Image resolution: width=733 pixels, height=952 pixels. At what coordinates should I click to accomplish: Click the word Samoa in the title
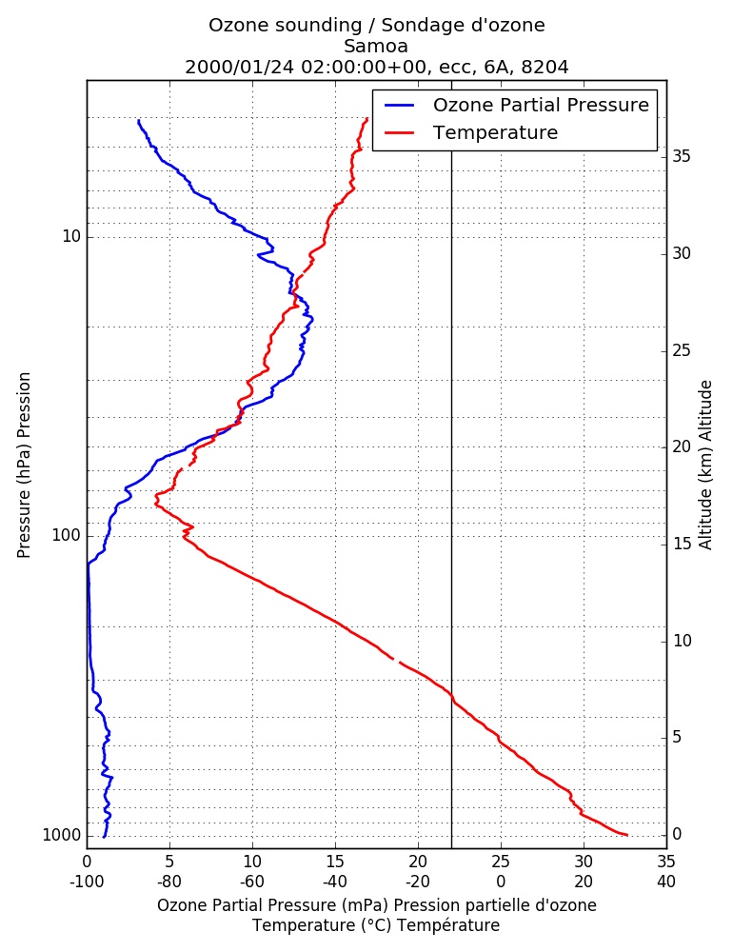pyautogui.click(x=376, y=46)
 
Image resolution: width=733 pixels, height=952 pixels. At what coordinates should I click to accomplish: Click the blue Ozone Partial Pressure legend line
pyautogui.click(x=399, y=105)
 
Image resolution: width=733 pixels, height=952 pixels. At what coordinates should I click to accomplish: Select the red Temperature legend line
pyautogui.click(x=399, y=132)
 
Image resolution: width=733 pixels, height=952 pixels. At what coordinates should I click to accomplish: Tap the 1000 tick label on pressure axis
pyautogui.click(x=62, y=836)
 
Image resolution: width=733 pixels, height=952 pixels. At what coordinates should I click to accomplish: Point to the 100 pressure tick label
pyautogui.click(x=67, y=535)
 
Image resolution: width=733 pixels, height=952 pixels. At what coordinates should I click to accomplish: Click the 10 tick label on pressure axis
pyautogui.click(x=71, y=236)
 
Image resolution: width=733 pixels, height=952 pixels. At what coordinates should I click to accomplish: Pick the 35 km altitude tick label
pyautogui.click(x=682, y=157)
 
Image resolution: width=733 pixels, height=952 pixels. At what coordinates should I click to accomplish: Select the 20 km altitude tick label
pyautogui.click(x=682, y=446)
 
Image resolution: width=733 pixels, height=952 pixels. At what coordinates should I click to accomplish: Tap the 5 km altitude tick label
pyautogui.click(x=677, y=737)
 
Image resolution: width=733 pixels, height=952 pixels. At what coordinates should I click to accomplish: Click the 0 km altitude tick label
pyautogui.click(x=677, y=834)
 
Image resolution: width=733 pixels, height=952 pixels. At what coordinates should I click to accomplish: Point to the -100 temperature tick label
pyautogui.click(x=87, y=881)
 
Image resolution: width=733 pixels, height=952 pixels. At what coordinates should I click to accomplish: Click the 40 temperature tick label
pyautogui.click(x=666, y=881)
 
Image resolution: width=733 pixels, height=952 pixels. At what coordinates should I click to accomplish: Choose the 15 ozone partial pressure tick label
pyautogui.click(x=335, y=862)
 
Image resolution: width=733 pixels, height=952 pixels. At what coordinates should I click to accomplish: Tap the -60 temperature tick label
pyautogui.click(x=252, y=881)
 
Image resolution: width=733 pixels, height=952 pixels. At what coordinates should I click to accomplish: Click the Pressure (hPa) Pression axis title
pyautogui.click(x=24, y=466)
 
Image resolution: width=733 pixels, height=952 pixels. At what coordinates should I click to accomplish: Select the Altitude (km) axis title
pyautogui.click(x=705, y=466)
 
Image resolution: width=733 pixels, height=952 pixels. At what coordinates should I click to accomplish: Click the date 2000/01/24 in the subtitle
pyautogui.click(x=239, y=67)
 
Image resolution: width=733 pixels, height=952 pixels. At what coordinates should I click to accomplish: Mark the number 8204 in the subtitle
pyautogui.click(x=545, y=67)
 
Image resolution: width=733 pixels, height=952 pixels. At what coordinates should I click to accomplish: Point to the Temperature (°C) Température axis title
pyautogui.click(x=377, y=925)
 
